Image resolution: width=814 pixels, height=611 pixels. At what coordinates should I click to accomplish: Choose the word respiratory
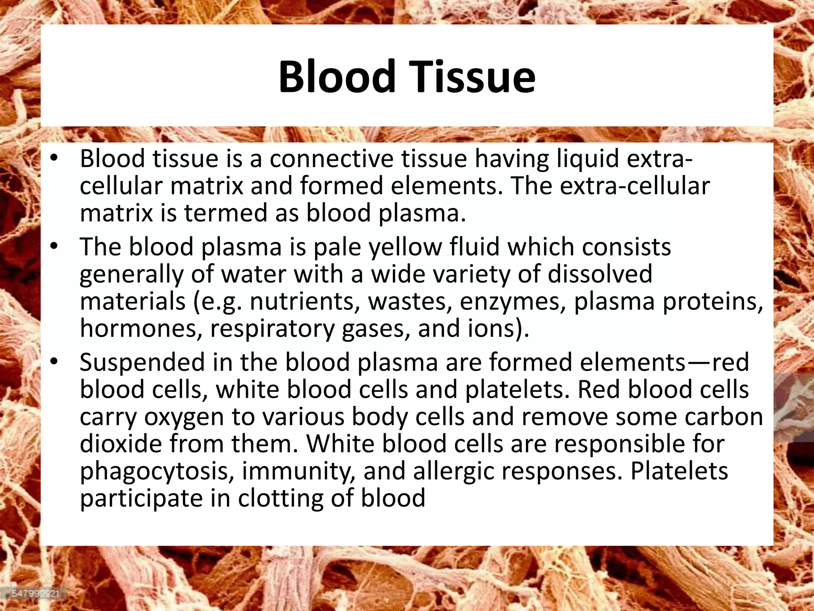[273, 329]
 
